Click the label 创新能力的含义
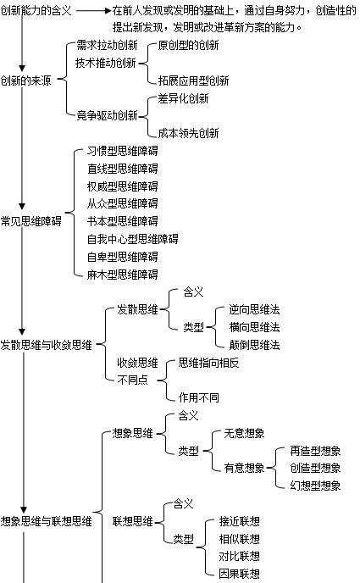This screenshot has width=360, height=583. click(36, 10)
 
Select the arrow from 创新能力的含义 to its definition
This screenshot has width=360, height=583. click(94, 10)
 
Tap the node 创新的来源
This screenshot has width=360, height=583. click(25, 80)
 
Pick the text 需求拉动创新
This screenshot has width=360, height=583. click(107, 45)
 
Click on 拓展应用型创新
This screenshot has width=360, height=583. click(194, 81)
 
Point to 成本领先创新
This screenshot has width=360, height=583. click(188, 133)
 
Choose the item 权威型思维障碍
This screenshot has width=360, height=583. click(123, 186)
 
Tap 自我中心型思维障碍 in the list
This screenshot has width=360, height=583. click(133, 239)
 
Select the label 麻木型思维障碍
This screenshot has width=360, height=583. click(123, 275)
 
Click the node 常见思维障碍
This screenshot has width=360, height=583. click(30, 221)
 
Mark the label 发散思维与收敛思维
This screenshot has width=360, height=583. click(46, 345)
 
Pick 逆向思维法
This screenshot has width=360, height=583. click(254, 309)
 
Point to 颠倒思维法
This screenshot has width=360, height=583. click(254, 345)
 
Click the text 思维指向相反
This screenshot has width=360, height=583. click(208, 363)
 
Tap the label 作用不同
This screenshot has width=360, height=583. click(199, 397)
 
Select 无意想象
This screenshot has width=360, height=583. click(244, 433)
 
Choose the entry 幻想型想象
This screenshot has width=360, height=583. click(315, 486)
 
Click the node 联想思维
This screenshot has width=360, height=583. click(133, 521)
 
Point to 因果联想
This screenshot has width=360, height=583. click(239, 574)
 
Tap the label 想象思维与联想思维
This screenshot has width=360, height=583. click(46, 521)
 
